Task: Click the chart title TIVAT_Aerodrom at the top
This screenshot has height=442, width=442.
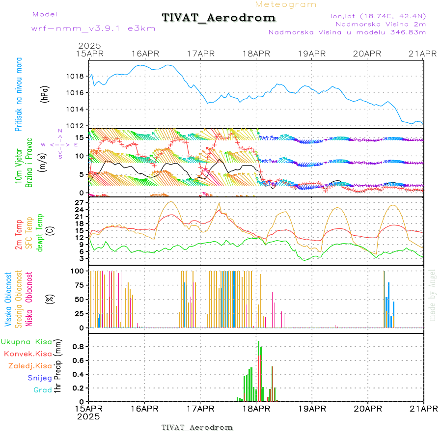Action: pos(219,18)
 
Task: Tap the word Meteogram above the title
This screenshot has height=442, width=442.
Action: pos(286,4)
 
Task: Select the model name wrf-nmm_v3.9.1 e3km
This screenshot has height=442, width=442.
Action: pos(93,28)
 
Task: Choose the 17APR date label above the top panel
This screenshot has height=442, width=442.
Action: pos(200,54)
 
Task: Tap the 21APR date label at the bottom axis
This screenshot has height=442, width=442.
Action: pos(423,409)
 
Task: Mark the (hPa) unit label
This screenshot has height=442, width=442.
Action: pos(45,94)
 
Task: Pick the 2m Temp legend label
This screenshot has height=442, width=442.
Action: pos(18,235)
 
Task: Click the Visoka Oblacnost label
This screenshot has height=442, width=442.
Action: pos(8,300)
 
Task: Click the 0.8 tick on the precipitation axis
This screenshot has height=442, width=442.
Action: pos(78,346)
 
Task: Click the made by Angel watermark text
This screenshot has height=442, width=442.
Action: pos(432,295)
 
